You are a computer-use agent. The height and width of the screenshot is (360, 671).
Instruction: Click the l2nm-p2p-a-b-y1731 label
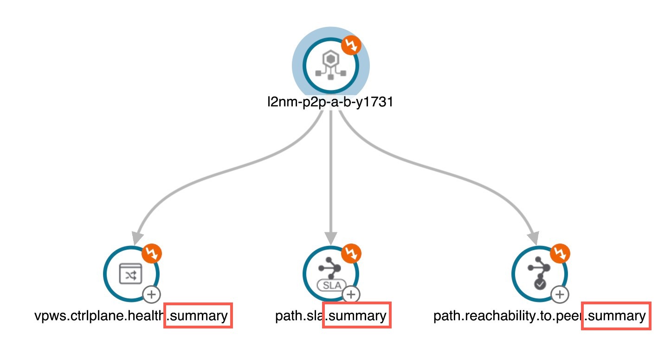[330, 103]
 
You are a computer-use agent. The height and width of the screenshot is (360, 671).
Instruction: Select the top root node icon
[331, 65]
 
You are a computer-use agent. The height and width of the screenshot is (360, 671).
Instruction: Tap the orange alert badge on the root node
[351, 45]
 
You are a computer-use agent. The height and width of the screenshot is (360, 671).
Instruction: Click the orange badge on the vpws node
[152, 253]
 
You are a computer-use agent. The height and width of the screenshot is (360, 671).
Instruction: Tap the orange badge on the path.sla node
[351, 253]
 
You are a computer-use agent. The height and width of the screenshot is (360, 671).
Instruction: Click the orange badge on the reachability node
[560, 253]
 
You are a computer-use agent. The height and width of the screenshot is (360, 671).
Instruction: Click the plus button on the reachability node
[560, 295]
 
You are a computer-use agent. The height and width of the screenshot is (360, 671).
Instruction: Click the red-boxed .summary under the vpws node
[198, 315]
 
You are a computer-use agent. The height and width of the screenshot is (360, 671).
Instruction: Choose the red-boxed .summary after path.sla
[357, 315]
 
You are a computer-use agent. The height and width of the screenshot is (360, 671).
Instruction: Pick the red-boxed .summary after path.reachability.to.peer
[616, 316]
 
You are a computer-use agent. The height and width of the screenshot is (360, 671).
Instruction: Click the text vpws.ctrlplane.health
[99, 315]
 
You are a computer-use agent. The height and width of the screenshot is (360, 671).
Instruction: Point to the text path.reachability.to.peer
[508, 315]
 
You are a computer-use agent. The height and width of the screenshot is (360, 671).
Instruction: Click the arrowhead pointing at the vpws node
[137, 238]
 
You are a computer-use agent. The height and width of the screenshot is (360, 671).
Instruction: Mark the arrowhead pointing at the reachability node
[534, 238]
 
